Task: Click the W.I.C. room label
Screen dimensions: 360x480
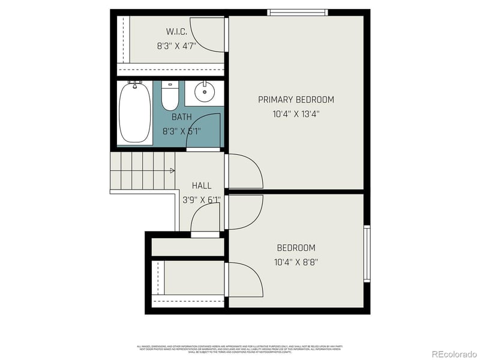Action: pyautogui.click(x=176, y=31)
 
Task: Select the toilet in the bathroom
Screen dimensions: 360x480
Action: pyautogui.click(x=170, y=96)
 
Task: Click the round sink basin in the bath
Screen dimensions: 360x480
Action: pyautogui.click(x=205, y=93)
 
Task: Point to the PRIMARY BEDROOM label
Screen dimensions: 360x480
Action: pyautogui.click(x=296, y=100)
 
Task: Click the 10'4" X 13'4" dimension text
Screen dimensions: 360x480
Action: pyautogui.click(x=296, y=113)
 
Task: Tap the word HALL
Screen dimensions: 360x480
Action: pyautogui.click(x=202, y=186)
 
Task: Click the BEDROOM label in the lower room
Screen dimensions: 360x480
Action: pyautogui.click(x=296, y=248)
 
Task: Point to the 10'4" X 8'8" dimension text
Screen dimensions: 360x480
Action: pyautogui.click(x=296, y=262)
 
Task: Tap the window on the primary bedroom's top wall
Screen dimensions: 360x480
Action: pyautogui.click(x=298, y=13)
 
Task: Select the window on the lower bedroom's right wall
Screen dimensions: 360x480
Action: pyautogui.click(x=367, y=253)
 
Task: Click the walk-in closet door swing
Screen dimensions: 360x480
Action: pyautogui.click(x=212, y=36)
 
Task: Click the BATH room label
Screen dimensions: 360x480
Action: pyautogui.click(x=181, y=117)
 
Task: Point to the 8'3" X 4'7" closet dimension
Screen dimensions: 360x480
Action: pyautogui.click(x=176, y=45)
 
